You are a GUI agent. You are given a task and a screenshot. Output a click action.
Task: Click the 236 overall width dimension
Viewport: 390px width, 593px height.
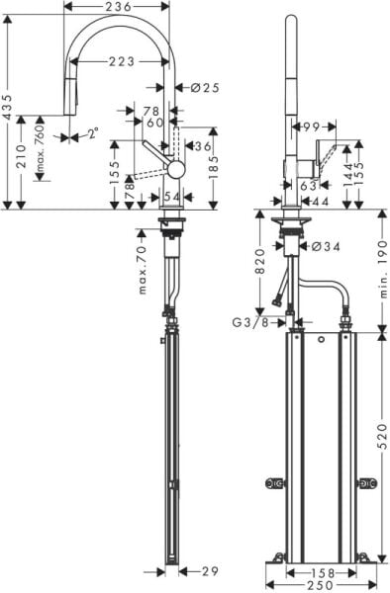tap(119, 8)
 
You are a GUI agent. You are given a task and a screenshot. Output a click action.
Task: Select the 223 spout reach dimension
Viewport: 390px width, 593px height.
tap(122, 61)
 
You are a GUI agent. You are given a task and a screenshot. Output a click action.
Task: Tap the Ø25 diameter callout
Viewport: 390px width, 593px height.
tap(204, 88)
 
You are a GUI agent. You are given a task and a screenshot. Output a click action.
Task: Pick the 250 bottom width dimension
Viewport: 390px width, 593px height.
tap(320, 586)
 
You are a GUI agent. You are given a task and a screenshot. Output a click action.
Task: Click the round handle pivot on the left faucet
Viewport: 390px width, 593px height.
tap(176, 168)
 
